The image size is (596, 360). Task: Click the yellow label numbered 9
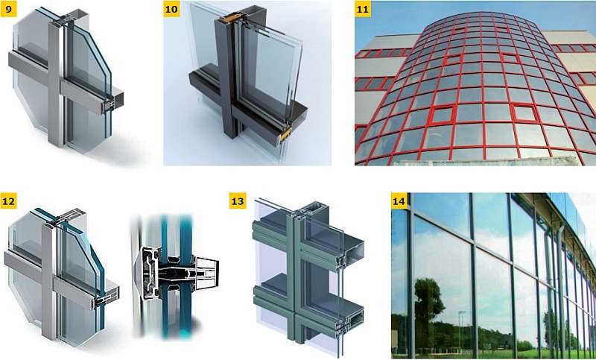point(8,9)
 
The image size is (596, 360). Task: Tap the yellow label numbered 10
point(171,9)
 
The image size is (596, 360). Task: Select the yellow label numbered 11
point(363,9)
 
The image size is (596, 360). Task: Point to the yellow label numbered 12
point(8,200)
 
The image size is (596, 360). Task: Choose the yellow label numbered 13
point(238,200)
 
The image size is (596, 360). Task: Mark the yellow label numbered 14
point(399,200)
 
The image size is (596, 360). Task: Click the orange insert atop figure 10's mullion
point(229,18)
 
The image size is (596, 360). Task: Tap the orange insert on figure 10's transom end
point(285,133)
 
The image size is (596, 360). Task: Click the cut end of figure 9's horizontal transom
point(112,103)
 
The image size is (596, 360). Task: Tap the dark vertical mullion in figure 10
point(226,76)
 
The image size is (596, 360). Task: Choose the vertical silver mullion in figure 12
point(49,281)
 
